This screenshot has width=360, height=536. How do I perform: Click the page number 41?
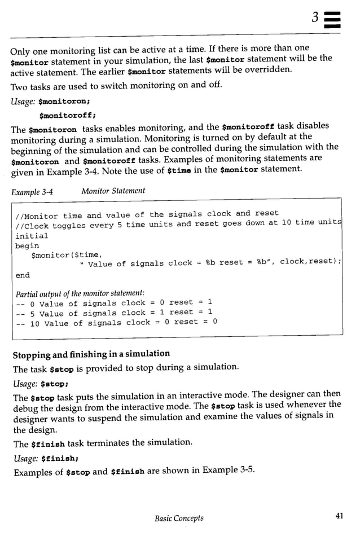coord(339,518)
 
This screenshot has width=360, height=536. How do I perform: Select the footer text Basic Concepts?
coord(179,518)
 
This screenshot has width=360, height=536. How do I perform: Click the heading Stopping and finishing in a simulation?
coord(91,354)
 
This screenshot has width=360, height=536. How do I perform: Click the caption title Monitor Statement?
coord(113,191)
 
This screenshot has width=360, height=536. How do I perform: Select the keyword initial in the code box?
coord(32,235)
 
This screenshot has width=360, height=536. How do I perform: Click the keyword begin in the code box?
coord(27,246)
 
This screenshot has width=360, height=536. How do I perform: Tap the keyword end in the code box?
coord(23,275)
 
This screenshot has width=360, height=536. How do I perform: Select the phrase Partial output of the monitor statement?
coord(80,293)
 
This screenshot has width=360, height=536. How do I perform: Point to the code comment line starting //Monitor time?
coord(147,214)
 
